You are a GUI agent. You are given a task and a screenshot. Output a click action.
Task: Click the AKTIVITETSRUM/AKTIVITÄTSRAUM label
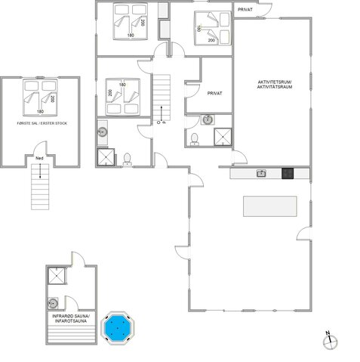tap(274, 84)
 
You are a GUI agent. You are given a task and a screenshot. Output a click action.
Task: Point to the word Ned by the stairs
tap(39, 158)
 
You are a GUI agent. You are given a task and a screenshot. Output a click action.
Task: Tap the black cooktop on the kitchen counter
tap(288, 174)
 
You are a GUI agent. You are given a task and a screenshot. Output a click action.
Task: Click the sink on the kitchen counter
tap(261, 174)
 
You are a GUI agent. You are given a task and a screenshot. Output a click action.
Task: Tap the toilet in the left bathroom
tap(127, 156)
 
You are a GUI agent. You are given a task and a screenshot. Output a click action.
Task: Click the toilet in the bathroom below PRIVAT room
tap(195, 137)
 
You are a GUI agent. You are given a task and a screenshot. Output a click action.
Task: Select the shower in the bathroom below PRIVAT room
tap(223, 135)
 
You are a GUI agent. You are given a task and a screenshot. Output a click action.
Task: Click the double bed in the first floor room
tap(41, 94)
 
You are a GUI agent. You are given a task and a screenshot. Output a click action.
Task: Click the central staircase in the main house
tap(163, 94)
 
